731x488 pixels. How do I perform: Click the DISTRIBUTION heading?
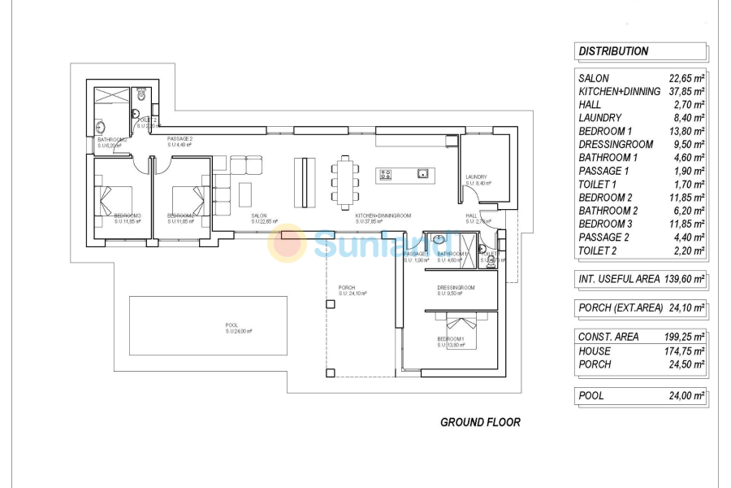click(x=613, y=51)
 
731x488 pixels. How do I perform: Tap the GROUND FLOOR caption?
click(x=480, y=422)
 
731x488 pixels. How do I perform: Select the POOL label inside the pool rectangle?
click(x=232, y=325)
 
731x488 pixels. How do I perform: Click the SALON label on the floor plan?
click(x=259, y=216)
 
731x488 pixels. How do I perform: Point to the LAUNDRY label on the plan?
click(x=476, y=177)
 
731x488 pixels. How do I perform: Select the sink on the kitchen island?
click(x=422, y=173)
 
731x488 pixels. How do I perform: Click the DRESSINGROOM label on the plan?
click(x=455, y=287)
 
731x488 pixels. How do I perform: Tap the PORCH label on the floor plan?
click(x=347, y=288)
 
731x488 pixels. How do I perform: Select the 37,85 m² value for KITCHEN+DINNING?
click(x=686, y=92)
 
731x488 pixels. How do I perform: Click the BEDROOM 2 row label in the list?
click(x=605, y=198)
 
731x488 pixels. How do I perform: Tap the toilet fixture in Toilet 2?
click(x=141, y=96)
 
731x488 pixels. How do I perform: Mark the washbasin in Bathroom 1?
click(x=439, y=239)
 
